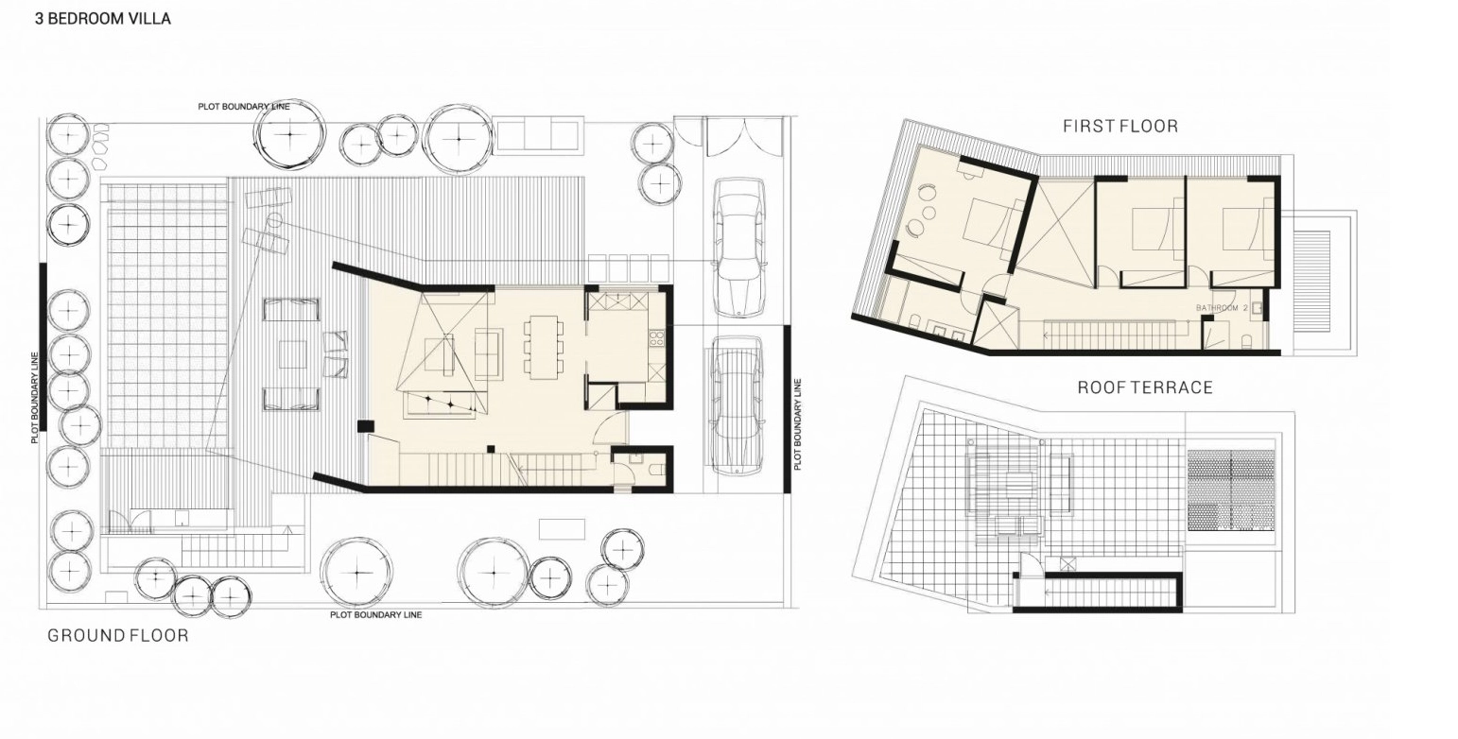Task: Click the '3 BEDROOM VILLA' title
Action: coord(103,19)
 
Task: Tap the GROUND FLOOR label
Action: coord(118,636)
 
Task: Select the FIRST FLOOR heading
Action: coord(1120,127)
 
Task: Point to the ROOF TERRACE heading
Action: coord(1146,387)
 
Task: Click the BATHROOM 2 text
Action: coord(1222,308)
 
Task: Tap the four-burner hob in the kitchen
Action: coord(657,337)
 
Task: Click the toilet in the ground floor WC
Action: coord(655,470)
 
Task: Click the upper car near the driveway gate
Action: coord(738,248)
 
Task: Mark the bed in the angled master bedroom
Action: coord(991,225)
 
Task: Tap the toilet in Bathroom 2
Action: coord(1248,341)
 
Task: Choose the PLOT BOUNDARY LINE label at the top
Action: coord(244,107)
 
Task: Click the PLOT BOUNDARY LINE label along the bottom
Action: coord(375,615)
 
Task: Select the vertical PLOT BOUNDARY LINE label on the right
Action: coord(798,424)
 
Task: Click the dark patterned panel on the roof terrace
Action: coord(1231,490)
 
